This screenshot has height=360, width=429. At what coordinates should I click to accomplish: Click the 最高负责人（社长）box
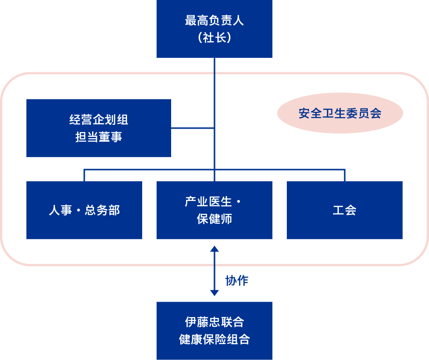point(214,29)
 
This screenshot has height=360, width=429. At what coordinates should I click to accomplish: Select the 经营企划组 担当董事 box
point(98,128)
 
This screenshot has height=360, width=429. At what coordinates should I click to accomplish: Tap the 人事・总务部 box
point(84,210)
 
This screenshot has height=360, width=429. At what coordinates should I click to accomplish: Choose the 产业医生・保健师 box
point(214,210)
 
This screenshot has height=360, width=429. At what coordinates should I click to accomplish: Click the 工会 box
point(345,210)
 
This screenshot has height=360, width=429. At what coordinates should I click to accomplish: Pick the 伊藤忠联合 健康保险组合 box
point(214,331)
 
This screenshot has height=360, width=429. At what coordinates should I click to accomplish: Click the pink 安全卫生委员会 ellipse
point(340,113)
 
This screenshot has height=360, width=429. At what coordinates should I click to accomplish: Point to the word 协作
point(237,280)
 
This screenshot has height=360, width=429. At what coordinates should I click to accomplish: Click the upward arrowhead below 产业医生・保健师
point(214,249)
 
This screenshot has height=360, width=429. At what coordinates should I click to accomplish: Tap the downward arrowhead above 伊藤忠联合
point(214,293)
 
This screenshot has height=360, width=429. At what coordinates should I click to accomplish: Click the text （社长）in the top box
point(214,38)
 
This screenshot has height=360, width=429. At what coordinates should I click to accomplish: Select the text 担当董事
point(98,137)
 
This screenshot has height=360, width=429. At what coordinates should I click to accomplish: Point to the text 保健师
point(214,219)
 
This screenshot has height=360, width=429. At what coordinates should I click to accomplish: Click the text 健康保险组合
point(214,339)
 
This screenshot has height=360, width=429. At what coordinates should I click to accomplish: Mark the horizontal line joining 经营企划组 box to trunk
point(192,128)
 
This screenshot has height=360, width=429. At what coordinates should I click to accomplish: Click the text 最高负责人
point(214,21)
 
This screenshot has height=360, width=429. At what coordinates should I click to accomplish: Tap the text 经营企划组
point(98,120)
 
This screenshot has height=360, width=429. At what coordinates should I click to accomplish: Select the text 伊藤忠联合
point(214,322)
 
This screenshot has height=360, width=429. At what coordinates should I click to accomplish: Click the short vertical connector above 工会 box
point(345,175)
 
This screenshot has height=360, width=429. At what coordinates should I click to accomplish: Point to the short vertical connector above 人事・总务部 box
point(84,175)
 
